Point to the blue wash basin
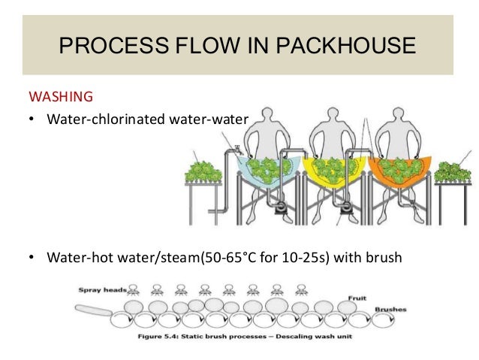(x=260, y=167)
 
